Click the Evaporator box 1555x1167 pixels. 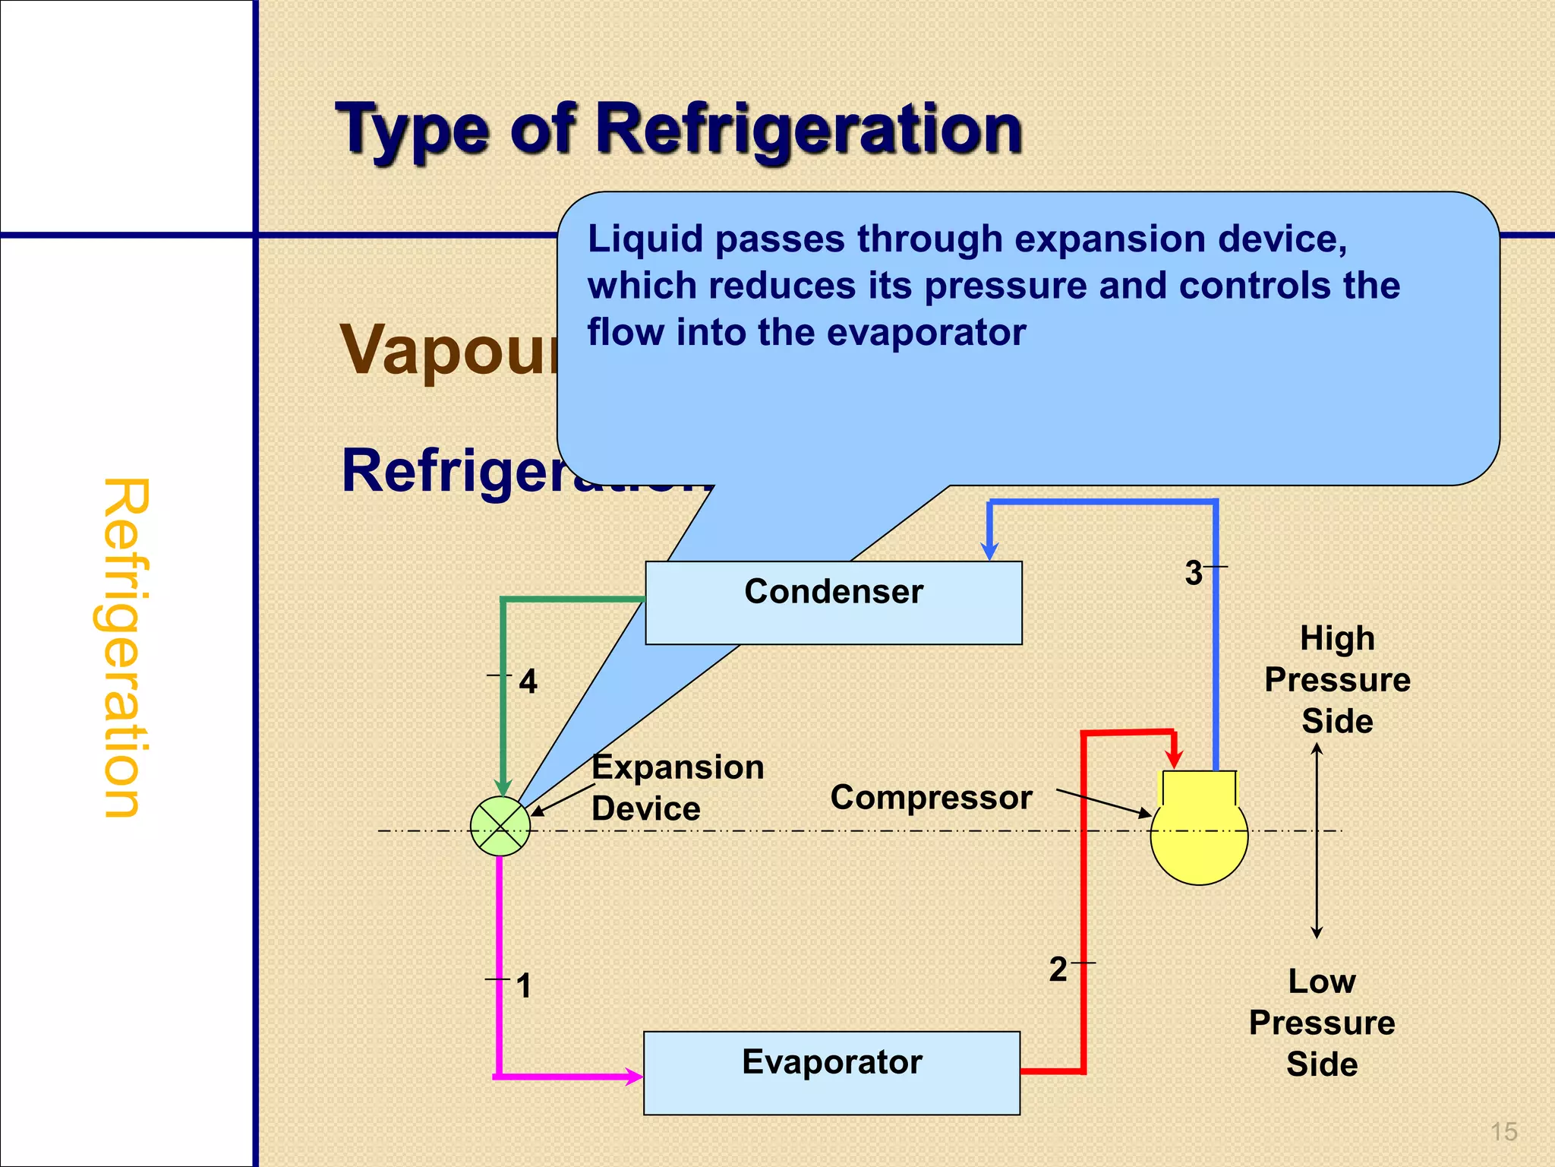[x=831, y=1072]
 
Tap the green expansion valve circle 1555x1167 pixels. [x=500, y=827]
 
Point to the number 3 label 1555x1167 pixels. [x=1194, y=573]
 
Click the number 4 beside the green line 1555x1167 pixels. [x=528, y=682]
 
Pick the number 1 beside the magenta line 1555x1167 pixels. [x=523, y=986]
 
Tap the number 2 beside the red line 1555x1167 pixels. [x=1058, y=969]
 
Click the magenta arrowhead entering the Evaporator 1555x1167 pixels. [x=633, y=1076]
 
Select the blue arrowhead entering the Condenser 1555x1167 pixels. [x=989, y=550]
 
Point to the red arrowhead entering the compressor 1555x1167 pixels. [x=1175, y=757]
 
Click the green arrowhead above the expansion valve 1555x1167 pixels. [x=502, y=786]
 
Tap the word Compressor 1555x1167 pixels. [x=931, y=798]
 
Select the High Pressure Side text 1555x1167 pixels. [x=1336, y=679]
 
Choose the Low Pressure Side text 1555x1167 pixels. [x=1322, y=1023]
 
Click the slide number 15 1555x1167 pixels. [x=1503, y=1132]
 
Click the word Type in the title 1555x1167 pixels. [x=414, y=131]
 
